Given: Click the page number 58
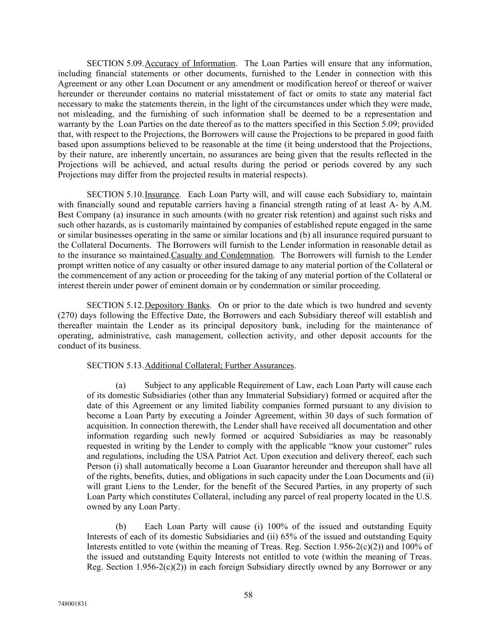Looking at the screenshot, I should (248, 595).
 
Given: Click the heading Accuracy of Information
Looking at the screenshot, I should (190, 63).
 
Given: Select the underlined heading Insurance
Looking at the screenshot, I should (162, 194).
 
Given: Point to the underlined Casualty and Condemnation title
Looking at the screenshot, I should (222, 255).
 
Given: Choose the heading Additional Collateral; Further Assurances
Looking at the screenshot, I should (220, 365).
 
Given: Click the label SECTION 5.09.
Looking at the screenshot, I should (115, 63).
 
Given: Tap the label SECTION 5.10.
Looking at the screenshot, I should (115, 194).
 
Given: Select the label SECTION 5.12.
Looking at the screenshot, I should (115, 305).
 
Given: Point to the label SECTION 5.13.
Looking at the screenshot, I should (115, 365).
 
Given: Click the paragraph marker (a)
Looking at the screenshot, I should (121, 385).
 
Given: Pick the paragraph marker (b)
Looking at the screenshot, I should (121, 527).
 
